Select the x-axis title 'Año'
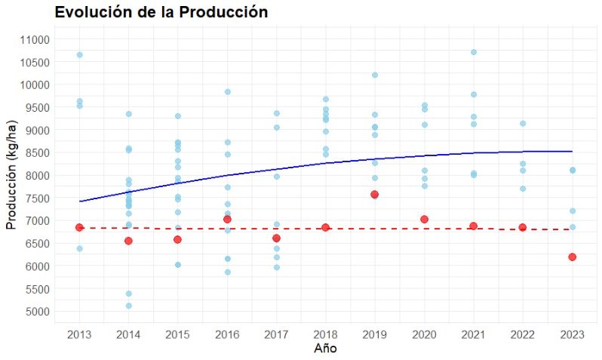pos(325,349)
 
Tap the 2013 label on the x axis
pos(79,334)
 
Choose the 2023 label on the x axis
pos(572,334)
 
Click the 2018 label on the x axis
pos(325,334)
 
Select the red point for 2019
pos(375,195)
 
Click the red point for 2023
pos(572,257)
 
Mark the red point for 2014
pos(128,241)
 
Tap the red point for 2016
pos(227,219)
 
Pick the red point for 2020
pos(424,219)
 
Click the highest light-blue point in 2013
pos(79,55)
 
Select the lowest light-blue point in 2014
pos(128,306)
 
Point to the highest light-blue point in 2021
pos(473,52)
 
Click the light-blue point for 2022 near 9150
pos(522,123)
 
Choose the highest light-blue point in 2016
pos(227,92)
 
